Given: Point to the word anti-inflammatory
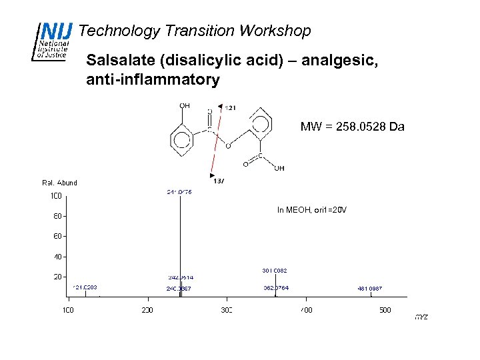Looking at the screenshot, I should [153, 80].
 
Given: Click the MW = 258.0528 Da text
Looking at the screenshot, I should [352, 127].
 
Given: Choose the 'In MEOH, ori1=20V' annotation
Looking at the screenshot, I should [312, 210].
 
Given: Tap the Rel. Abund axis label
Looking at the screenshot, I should [59, 183].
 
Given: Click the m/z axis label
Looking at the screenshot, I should [421, 317].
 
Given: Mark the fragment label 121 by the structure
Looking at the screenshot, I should [231, 107].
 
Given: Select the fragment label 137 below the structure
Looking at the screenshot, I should [219, 180].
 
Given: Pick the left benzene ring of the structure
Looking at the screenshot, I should [181, 141].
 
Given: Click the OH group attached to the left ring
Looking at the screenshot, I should [185, 105].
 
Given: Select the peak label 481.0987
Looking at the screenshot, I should [370, 289].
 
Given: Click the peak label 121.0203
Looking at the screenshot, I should [85, 287].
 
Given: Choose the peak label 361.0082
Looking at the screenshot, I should [275, 271].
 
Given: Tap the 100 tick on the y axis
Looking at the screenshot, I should [56, 196].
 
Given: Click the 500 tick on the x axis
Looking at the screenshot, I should [385, 310].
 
